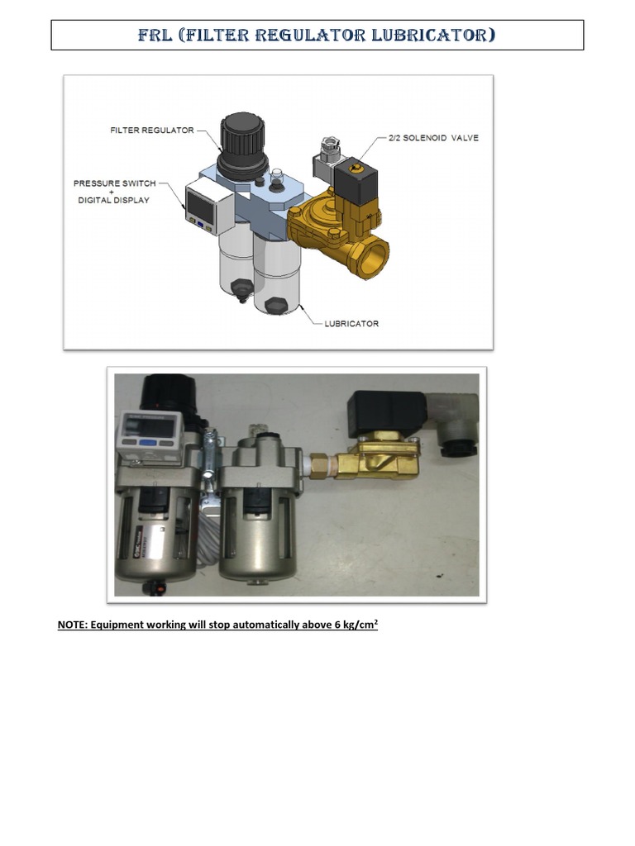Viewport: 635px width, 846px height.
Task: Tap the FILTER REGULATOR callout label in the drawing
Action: (x=151, y=131)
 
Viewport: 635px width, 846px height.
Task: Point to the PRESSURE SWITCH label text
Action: (x=113, y=183)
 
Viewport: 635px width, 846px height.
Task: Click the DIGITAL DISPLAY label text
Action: (x=113, y=201)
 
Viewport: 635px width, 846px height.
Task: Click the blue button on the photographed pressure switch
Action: (x=150, y=443)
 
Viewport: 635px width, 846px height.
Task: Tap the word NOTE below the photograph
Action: (x=74, y=625)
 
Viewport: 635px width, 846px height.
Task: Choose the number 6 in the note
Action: (x=337, y=625)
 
